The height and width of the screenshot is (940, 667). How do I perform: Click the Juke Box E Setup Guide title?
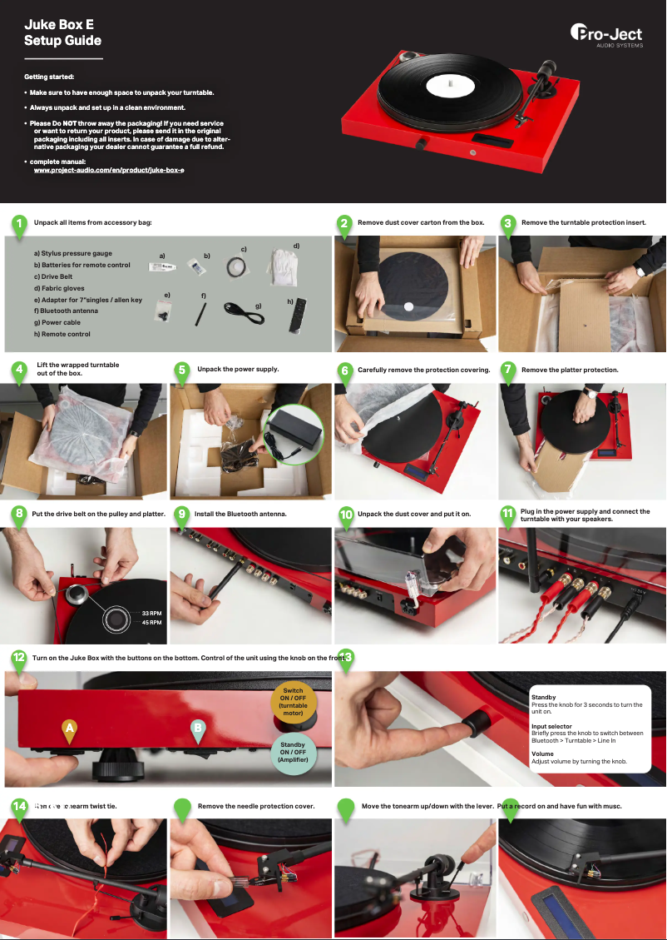click(62, 32)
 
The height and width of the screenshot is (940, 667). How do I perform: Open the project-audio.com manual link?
click(108, 170)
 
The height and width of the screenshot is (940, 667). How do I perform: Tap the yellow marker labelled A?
click(70, 729)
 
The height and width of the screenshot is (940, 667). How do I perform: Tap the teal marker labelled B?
click(198, 729)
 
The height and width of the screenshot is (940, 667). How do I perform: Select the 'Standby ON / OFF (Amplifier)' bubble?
click(292, 752)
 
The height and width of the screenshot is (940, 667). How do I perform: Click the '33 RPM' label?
click(151, 614)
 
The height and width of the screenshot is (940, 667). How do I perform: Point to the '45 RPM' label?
click(151, 623)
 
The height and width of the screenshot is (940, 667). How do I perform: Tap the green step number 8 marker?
click(17, 514)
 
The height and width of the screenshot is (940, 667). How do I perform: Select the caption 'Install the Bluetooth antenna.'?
click(240, 515)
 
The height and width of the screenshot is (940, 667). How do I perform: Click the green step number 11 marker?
click(508, 515)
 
